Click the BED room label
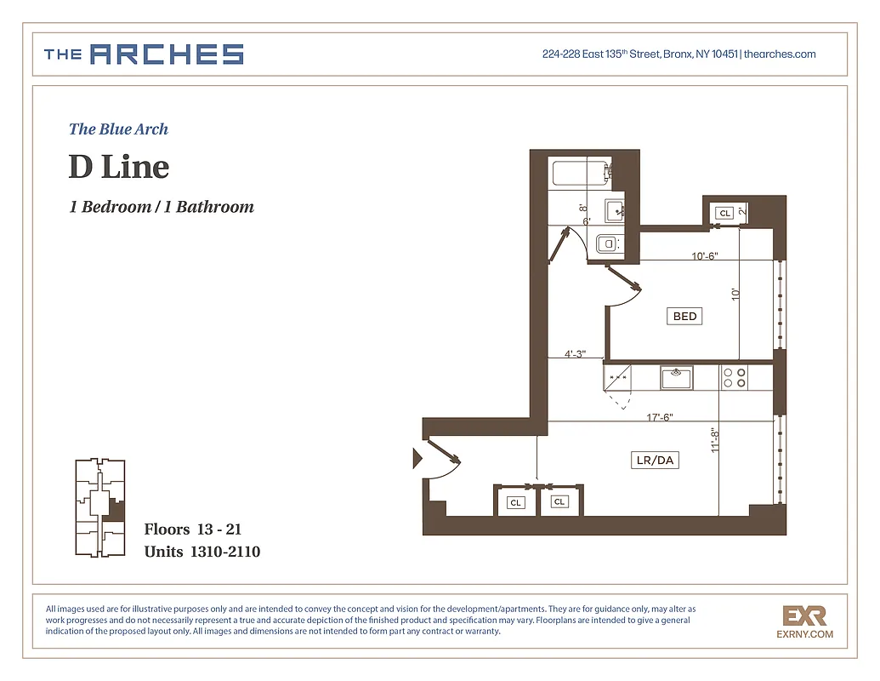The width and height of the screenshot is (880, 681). (684, 316)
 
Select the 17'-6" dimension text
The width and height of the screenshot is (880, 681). (660, 417)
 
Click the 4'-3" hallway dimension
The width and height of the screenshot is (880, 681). (575, 354)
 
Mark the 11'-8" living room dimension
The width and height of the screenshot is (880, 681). (715, 439)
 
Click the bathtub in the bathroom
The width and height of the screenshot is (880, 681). (581, 173)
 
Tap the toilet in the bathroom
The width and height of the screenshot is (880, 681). (608, 243)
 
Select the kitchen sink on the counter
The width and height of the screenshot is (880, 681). (677, 375)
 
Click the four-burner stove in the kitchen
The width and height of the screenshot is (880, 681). (734, 377)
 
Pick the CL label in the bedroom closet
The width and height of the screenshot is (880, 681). (724, 213)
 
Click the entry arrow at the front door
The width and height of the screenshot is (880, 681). (417, 460)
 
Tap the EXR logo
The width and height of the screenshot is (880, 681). (803, 615)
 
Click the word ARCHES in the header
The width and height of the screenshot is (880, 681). (167, 55)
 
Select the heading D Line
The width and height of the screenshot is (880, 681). (119, 166)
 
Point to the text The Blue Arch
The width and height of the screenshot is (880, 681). (118, 129)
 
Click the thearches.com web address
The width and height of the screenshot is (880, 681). (781, 54)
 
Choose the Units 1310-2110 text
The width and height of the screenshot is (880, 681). (202, 552)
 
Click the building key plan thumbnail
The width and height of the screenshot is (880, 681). (99, 508)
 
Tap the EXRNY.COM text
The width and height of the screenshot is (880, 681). (804, 634)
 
